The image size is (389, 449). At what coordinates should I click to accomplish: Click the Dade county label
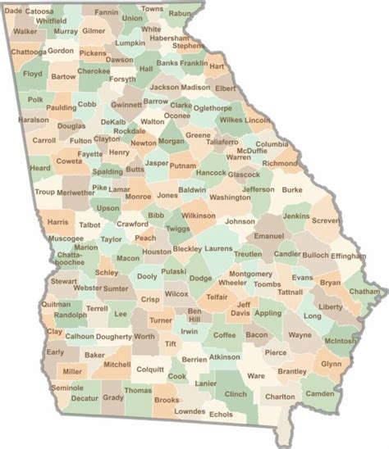click(x=13, y=11)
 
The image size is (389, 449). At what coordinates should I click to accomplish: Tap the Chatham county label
click(x=364, y=291)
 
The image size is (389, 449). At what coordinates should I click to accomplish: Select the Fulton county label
click(x=80, y=141)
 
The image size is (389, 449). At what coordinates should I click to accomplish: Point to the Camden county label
click(x=319, y=393)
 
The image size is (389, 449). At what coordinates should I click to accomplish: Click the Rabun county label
click(x=179, y=13)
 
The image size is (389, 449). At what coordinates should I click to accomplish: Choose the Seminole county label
click(x=66, y=388)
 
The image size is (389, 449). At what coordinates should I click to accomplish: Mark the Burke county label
click(x=291, y=189)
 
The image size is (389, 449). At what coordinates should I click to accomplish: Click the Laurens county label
click(x=219, y=248)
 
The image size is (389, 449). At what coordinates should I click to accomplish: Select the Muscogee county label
click(x=66, y=238)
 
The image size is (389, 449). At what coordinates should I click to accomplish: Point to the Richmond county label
click(x=280, y=163)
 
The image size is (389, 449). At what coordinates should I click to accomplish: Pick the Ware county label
click(x=256, y=376)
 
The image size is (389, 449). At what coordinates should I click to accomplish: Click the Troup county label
click(x=44, y=192)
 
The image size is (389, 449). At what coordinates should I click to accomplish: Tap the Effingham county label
click(x=348, y=256)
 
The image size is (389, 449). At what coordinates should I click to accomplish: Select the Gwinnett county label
click(x=126, y=105)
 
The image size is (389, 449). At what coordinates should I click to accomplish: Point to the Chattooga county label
click(x=29, y=52)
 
